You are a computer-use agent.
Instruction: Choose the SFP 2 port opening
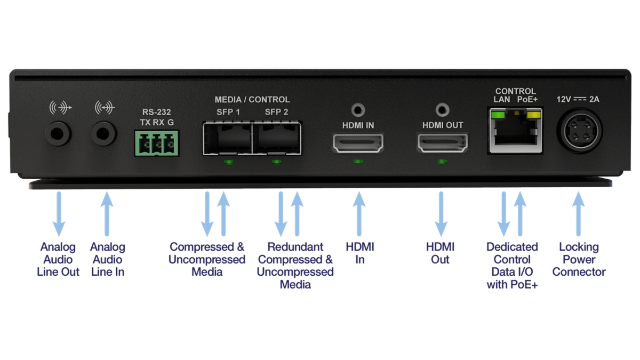(276, 138)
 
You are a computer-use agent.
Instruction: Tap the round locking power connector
(579, 131)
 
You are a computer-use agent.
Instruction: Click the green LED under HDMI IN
(358, 161)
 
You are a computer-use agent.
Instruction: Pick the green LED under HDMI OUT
(442, 161)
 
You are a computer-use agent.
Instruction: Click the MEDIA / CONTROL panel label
(252, 100)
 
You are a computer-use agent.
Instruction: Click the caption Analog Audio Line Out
(58, 260)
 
